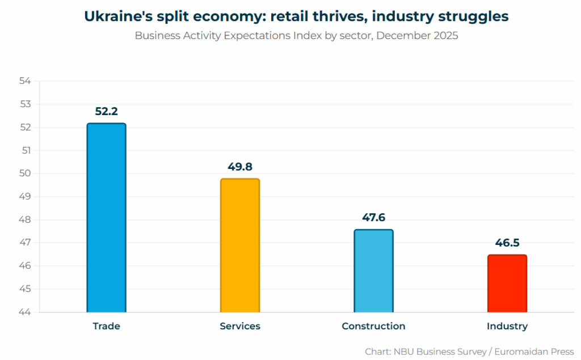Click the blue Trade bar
point(106,218)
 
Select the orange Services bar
point(240,245)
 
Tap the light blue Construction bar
point(373,271)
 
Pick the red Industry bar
point(507,283)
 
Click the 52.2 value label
point(106,111)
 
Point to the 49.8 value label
point(240,167)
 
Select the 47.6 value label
point(373,218)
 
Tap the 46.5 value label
point(507,243)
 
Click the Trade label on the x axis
point(106,326)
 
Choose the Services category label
point(240,326)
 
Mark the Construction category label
point(373,326)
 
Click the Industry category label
point(507,326)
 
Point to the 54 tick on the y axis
point(25,81)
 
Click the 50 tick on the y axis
point(25,173)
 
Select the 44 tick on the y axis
point(25,312)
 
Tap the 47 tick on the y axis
point(25,243)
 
